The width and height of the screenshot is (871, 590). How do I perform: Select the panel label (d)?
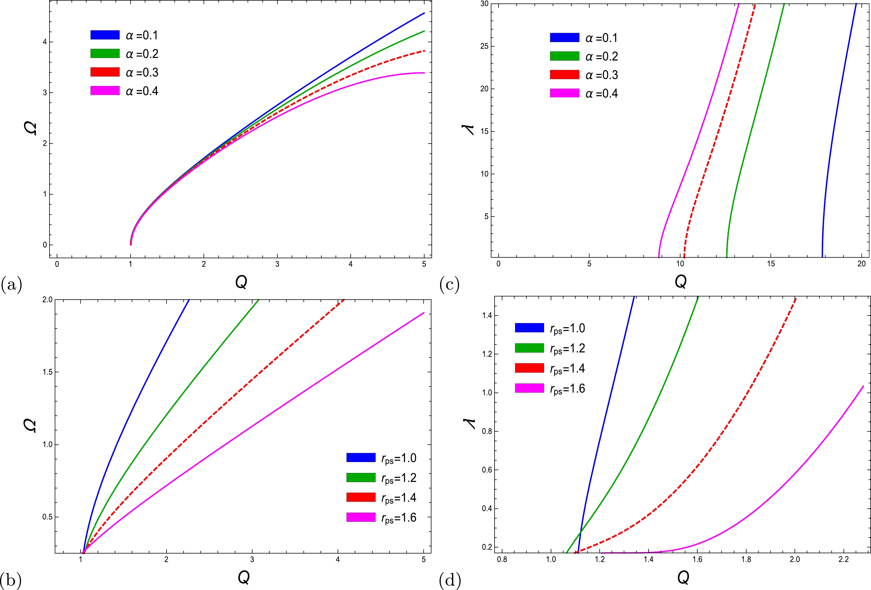[449, 580]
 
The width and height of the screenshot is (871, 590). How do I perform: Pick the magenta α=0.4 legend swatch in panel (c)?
[564, 93]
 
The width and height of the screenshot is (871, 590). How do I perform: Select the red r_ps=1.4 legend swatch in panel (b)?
[361, 497]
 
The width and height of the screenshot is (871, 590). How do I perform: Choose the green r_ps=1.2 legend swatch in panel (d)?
[529, 348]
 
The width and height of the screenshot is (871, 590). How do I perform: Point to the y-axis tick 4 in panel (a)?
[45, 42]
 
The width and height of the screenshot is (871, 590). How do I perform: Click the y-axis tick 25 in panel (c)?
[484, 46]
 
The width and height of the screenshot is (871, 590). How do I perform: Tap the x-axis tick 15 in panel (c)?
[771, 264]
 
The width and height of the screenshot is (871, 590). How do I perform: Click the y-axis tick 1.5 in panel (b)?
[47, 372]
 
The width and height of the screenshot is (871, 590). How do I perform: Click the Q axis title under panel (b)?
[244, 577]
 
